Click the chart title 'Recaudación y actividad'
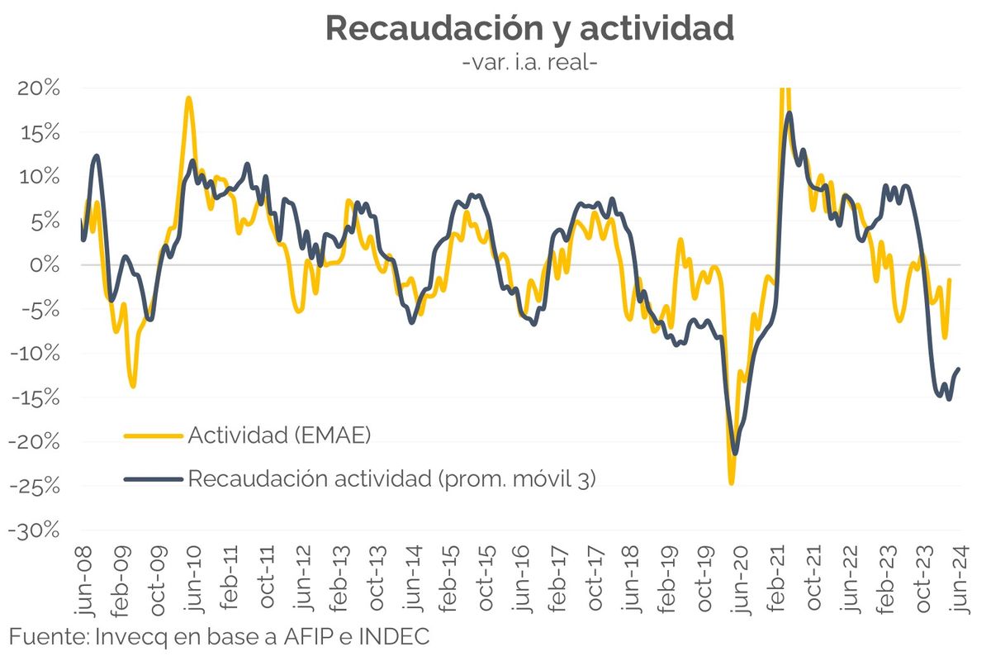tap(529, 28)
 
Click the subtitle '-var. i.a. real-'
tap(529, 63)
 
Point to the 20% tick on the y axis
tap(38, 88)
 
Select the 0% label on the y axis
tap(45, 265)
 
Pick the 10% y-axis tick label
tap(38, 177)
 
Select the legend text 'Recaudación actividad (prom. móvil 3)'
tap(391, 478)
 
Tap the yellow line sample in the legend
tap(154, 435)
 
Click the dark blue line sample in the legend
tap(154, 479)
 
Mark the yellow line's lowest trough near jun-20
tap(731, 483)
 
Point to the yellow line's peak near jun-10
tap(189, 97)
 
